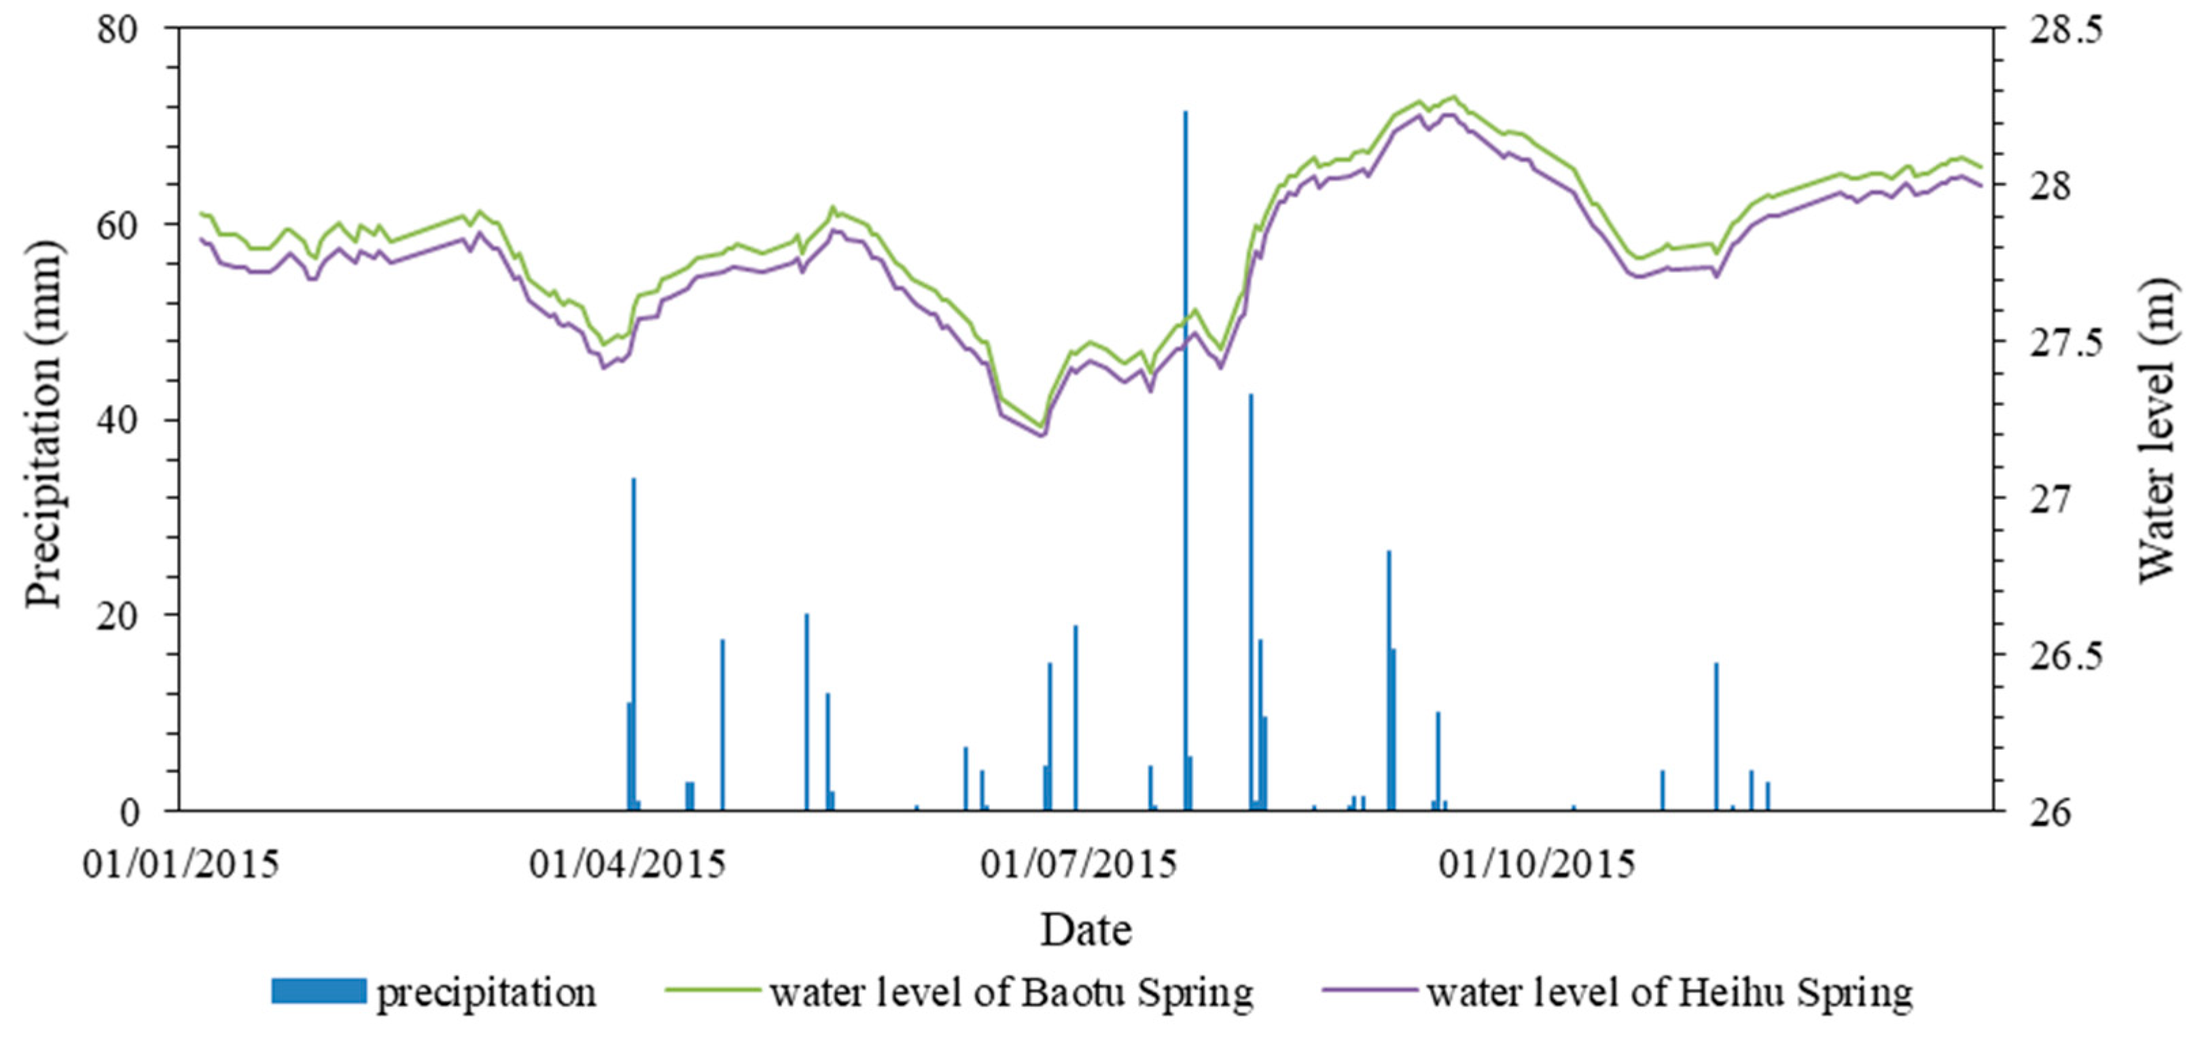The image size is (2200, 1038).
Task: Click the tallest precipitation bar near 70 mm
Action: [x=1184, y=461]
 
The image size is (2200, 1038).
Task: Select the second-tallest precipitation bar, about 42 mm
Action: [x=1250, y=598]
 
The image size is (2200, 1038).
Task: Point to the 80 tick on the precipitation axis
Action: [x=117, y=31]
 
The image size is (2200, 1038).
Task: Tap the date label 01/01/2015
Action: [x=180, y=865]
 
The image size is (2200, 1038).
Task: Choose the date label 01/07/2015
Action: [x=1078, y=865]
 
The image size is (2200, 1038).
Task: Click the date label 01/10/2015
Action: [x=1536, y=865]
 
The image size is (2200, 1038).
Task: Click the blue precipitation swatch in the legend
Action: [x=318, y=991]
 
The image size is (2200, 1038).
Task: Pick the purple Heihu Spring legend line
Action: [x=1370, y=991]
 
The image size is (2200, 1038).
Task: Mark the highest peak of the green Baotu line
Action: [x=1453, y=96]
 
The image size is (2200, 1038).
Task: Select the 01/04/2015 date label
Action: [x=627, y=865]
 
